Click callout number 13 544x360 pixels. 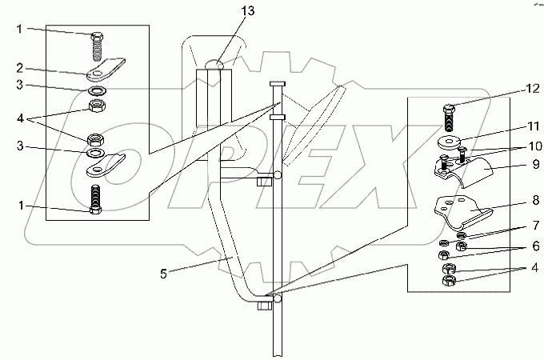(x=248, y=10)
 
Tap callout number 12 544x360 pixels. (x=533, y=88)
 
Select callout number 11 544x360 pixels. (x=533, y=126)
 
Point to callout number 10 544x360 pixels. (x=535, y=146)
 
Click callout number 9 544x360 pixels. (x=536, y=164)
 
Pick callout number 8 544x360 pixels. (x=536, y=200)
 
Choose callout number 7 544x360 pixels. (x=536, y=226)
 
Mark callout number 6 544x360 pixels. (x=536, y=246)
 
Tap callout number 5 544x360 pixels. (x=163, y=274)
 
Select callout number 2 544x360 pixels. (x=20, y=68)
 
